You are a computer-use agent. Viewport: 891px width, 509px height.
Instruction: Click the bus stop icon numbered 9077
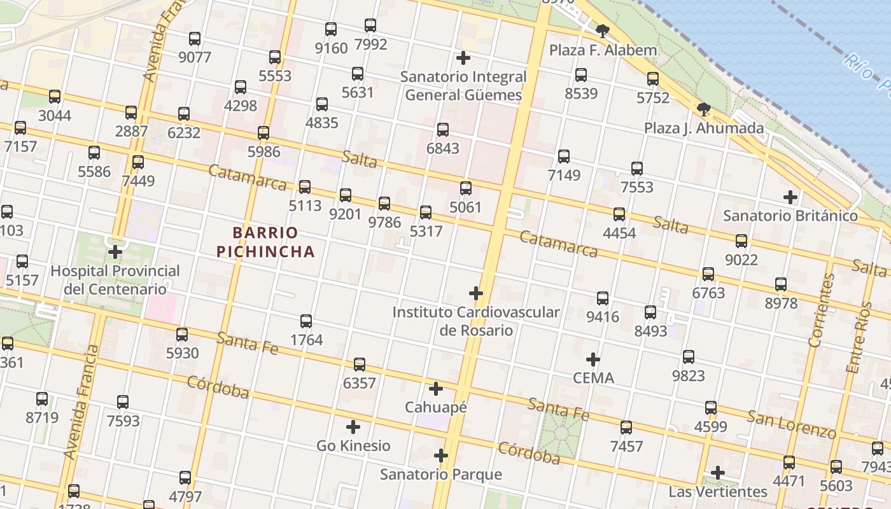(x=195, y=38)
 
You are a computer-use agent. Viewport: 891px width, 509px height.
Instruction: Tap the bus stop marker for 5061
(x=466, y=188)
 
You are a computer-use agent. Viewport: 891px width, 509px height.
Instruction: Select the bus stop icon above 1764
(x=306, y=321)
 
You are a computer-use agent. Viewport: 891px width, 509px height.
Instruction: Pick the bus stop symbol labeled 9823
(x=689, y=357)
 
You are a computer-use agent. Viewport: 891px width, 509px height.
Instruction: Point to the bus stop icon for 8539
(x=581, y=75)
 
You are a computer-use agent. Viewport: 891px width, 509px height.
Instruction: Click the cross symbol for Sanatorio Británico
(x=790, y=197)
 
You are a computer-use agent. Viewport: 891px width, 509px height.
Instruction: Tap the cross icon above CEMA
(x=593, y=359)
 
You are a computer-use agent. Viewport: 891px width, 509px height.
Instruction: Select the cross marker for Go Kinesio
(x=353, y=427)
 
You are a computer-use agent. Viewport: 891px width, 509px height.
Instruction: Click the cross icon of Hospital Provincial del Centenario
(x=115, y=252)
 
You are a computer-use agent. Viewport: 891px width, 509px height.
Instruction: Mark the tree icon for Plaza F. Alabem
(x=602, y=31)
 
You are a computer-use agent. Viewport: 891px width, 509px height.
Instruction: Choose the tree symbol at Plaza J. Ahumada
(x=704, y=109)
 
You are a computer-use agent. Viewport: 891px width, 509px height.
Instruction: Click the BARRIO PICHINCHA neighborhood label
(x=265, y=242)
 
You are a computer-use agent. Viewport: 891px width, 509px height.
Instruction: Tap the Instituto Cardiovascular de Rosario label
(x=476, y=321)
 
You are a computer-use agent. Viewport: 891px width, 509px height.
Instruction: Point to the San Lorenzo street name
(x=791, y=425)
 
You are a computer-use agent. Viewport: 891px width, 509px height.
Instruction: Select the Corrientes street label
(x=822, y=310)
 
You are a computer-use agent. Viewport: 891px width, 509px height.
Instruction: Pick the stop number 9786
(x=384, y=222)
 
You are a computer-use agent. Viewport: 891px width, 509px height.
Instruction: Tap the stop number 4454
(x=619, y=233)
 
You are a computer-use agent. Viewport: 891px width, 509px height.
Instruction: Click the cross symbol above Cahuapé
(x=436, y=389)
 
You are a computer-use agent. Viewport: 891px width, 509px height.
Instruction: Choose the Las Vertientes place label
(x=718, y=492)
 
